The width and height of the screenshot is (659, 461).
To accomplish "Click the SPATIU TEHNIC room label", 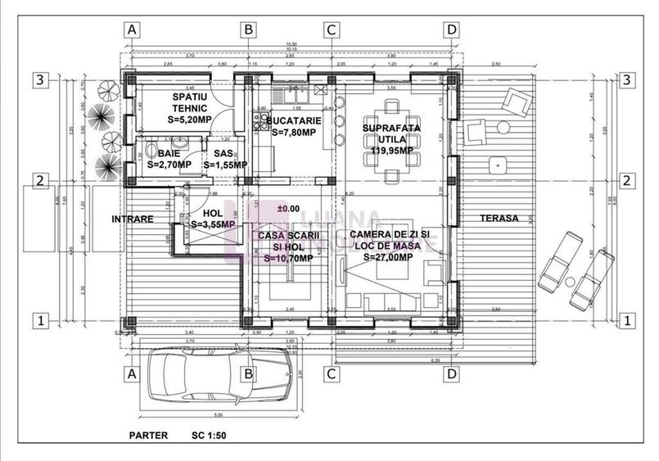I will coord(189,107).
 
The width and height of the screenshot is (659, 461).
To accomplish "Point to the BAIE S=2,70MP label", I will coord(169,159).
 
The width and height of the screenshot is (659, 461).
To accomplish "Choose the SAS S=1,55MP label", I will coord(223,159).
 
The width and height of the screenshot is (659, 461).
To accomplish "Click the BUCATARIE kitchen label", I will coord(293,126).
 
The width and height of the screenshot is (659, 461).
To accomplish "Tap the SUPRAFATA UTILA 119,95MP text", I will coord(390,139).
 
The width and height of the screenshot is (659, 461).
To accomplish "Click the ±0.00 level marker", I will coord(288,209).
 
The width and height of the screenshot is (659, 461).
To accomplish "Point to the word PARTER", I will coord(148,436).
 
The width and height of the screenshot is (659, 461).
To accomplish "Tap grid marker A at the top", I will coord(133,29).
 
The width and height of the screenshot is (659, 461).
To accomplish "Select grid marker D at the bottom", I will coord(451,374).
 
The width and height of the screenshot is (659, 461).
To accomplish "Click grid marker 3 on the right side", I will coord(626,80).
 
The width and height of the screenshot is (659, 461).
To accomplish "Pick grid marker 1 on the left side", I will coord(38,319).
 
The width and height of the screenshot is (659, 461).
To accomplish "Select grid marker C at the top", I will coord(330,29).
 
